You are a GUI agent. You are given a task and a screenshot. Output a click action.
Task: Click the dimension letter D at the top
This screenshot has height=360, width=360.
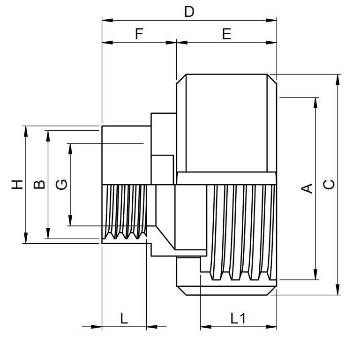tap(189, 12)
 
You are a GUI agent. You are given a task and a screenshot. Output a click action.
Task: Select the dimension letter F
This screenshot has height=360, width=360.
tap(139, 34)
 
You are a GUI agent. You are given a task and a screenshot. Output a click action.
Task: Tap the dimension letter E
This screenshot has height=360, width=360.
tap(227, 34)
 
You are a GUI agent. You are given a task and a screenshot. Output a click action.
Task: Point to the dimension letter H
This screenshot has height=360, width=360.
tap(17, 184)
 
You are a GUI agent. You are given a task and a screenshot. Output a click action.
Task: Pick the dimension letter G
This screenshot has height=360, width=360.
tap(61, 184)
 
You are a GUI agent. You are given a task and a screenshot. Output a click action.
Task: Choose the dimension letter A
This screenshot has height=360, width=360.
tap(307, 188)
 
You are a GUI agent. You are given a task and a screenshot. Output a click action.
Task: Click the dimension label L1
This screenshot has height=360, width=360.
tap(238, 319)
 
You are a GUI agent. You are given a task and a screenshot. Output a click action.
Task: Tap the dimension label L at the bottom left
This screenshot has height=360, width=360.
tap(124, 319)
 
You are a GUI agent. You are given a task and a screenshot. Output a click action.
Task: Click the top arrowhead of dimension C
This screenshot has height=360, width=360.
tap(338, 78)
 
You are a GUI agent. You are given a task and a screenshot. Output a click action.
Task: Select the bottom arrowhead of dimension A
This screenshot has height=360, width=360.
tap(316, 276)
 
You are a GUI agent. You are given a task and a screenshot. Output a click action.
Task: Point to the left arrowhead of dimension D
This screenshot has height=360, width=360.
tap(106, 20)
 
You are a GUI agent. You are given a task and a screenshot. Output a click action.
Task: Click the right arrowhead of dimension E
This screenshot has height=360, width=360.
tap(273, 43)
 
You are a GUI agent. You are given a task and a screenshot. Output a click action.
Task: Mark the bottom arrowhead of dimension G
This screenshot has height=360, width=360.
tap(70, 222)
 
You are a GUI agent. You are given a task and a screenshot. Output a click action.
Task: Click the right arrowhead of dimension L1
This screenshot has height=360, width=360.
tap(273, 327)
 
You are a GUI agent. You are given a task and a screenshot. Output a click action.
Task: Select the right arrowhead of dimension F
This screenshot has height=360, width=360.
tap(172, 43)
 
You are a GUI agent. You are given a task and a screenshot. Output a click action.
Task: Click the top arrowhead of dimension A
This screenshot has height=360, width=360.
tap(316, 101)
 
